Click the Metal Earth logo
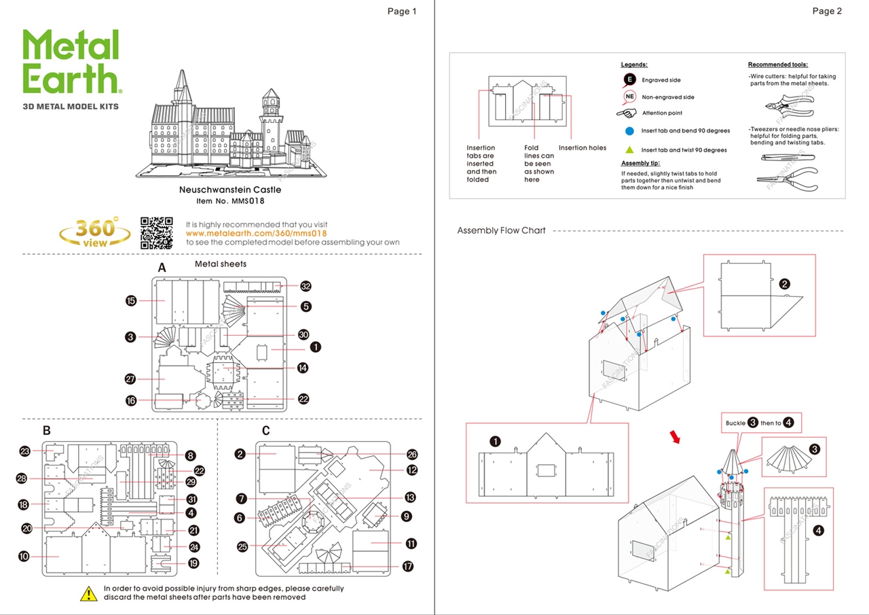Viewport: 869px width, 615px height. tap(72, 63)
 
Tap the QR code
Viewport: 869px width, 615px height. tap(157, 232)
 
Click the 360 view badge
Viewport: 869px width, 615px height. tap(95, 232)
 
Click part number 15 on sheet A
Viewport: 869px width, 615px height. tap(131, 301)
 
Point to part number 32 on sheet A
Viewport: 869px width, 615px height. tap(306, 286)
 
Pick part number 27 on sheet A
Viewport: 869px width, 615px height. tap(131, 379)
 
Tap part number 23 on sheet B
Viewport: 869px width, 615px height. tap(25, 451)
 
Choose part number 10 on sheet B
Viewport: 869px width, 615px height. tap(24, 557)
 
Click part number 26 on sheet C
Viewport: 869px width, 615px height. tap(412, 455)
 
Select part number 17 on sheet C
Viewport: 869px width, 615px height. tap(408, 566)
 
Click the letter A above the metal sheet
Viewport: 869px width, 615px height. tap(162, 268)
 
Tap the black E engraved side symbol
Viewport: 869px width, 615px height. tap(629, 80)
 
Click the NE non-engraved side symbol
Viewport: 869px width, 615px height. tap(629, 97)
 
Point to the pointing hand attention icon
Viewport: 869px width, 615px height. tap(626, 113)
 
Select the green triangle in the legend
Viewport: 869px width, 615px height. tap(629, 150)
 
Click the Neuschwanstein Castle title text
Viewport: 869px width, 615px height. tap(230, 190)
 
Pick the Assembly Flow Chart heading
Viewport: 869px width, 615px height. tap(501, 230)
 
